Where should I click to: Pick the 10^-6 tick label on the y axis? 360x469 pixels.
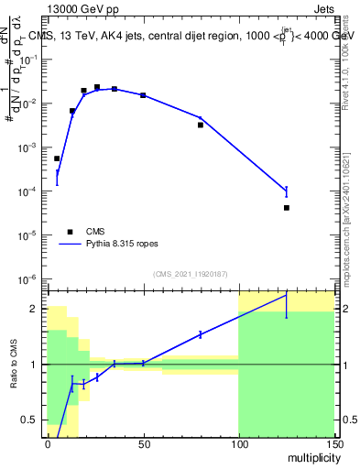[27, 278]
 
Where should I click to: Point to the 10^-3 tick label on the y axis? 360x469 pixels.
[27, 147]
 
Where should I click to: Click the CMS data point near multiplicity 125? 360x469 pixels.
[287, 208]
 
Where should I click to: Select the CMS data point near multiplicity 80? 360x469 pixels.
[201, 125]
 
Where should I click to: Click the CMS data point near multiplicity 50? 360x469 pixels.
[143, 95]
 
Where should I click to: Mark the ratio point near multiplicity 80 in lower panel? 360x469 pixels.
[201, 334]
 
